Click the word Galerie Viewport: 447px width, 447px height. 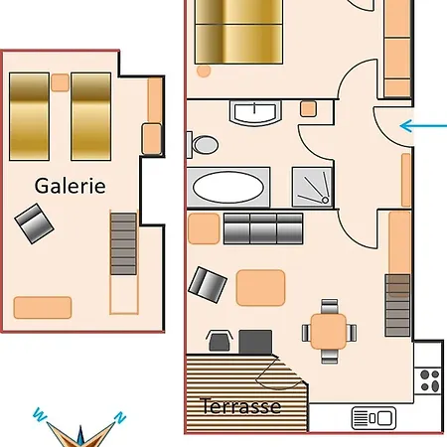(71, 186)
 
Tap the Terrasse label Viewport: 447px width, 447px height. (240, 406)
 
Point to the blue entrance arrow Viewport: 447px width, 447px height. (423, 126)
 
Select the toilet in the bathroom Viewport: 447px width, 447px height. (203, 145)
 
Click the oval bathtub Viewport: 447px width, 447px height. (228, 188)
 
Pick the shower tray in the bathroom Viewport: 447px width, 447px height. (312, 188)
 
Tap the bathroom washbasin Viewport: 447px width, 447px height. (254, 113)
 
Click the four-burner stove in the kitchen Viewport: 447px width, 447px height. (429, 380)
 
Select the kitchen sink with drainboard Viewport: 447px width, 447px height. (373, 418)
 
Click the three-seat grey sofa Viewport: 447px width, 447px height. (263, 228)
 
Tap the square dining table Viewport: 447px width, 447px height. (329, 332)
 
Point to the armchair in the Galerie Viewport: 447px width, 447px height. (34, 223)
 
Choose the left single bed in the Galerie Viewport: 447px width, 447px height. (29, 116)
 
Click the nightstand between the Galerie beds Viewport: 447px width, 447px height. (60, 82)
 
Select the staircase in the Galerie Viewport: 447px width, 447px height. (123, 243)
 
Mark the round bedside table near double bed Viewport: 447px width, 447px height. (204, 71)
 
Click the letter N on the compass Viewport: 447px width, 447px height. (120, 417)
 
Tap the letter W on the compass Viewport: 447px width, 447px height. (40, 414)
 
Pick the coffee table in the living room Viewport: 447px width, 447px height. (260, 288)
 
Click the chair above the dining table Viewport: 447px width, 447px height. (330, 307)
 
